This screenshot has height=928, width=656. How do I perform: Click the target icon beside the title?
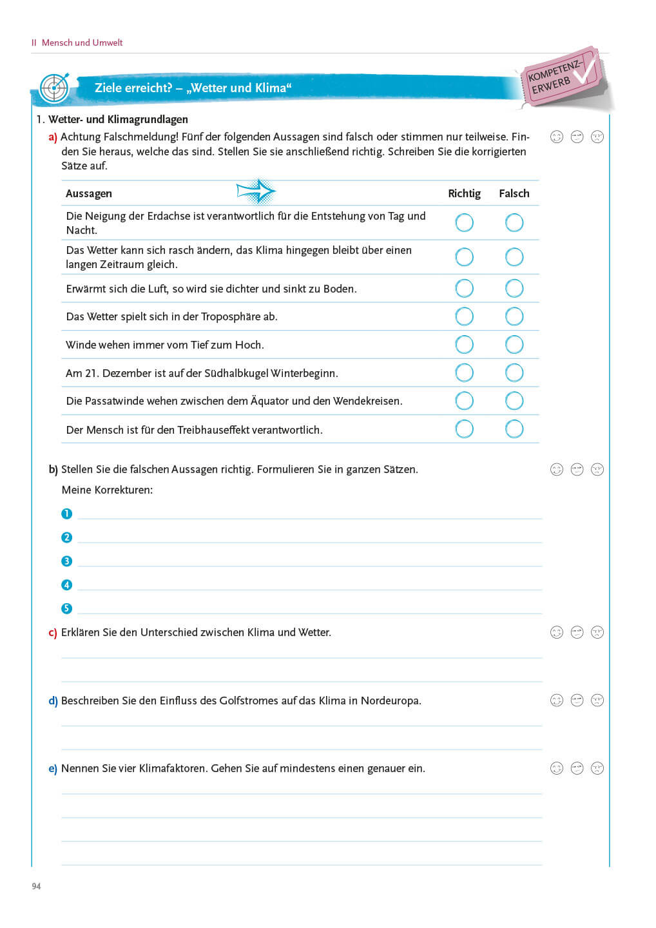(53, 88)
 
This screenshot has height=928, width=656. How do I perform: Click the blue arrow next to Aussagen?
(256, 191)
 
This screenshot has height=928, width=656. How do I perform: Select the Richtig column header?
(464, 193)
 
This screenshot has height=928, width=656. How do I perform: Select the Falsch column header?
(514, 193)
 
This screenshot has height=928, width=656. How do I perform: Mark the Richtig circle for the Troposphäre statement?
(464, 316)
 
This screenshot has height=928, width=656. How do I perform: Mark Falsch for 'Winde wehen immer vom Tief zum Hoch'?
(514, 345)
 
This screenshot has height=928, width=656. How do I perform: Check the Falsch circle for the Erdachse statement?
(514, 223)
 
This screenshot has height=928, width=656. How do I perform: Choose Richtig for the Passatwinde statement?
(464, 401)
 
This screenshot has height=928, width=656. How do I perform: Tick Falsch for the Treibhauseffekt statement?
(514, 429)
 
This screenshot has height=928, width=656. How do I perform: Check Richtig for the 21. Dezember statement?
(464, 372)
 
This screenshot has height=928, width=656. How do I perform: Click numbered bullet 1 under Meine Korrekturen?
(66, 514)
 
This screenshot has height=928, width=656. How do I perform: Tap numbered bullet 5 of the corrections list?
(66, 608)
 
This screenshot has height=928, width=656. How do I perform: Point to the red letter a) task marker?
(53, 137)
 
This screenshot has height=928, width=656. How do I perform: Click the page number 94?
(36, 886)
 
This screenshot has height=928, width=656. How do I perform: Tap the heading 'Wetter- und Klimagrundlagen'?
(118, 119)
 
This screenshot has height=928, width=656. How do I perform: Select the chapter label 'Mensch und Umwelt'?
(82, 43)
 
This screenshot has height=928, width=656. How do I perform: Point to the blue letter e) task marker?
(53, 769)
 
